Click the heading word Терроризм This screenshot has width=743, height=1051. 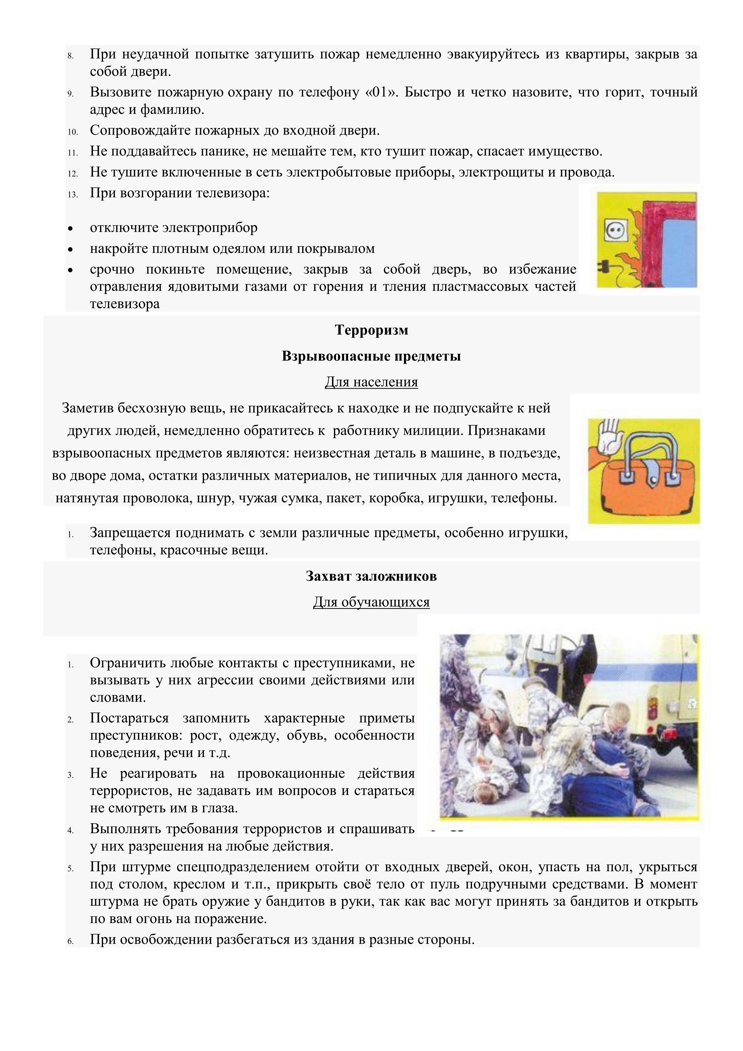click(x=371, y=330)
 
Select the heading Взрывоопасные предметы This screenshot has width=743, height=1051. click(x=371, y=356)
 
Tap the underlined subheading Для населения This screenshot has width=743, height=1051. click(x=371, y=382)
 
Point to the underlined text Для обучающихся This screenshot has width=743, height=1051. click(x=371, y=602)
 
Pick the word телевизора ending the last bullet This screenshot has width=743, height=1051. click(x=125, y=304)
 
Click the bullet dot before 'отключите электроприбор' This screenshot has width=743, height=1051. click(x=70, y=228)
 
